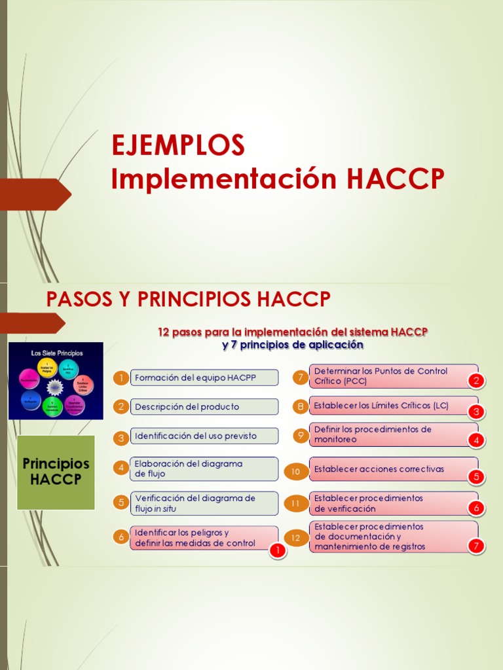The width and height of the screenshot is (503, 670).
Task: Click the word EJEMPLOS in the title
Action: click(x=177, y=145)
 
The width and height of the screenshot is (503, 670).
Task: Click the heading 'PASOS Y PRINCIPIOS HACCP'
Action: click(x=189, y=300)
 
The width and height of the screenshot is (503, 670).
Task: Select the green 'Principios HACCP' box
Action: click(x=56, y=472)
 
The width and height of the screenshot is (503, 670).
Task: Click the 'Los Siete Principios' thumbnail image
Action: click(x=56, y=381)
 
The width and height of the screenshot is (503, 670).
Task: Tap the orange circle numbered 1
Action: click(x=121, y=378)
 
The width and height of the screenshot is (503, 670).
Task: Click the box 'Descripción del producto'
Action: click(x=204, y=406)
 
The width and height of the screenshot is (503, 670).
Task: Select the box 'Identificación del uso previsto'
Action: click(x=204, y=436)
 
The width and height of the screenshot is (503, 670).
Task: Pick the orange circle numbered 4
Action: click(x=121, y=468)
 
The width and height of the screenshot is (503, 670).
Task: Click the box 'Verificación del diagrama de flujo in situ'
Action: click(x=204, y=503)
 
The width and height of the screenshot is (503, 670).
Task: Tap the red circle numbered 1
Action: click(x=278, y=551)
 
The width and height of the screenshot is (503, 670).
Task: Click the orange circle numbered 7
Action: click(x=300, y=377)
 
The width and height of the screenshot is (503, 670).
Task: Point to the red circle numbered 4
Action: click(x=476, y=440)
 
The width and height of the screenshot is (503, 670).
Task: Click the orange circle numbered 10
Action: click(x=295, y=470)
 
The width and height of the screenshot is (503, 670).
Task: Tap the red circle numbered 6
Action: click(x=476, y=508)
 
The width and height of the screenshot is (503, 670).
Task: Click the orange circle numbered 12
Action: click(x=295, y=538)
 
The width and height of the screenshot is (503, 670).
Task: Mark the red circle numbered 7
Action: click(x=476, y=546)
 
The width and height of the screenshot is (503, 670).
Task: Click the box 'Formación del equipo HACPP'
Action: click(x=204, y=378)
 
